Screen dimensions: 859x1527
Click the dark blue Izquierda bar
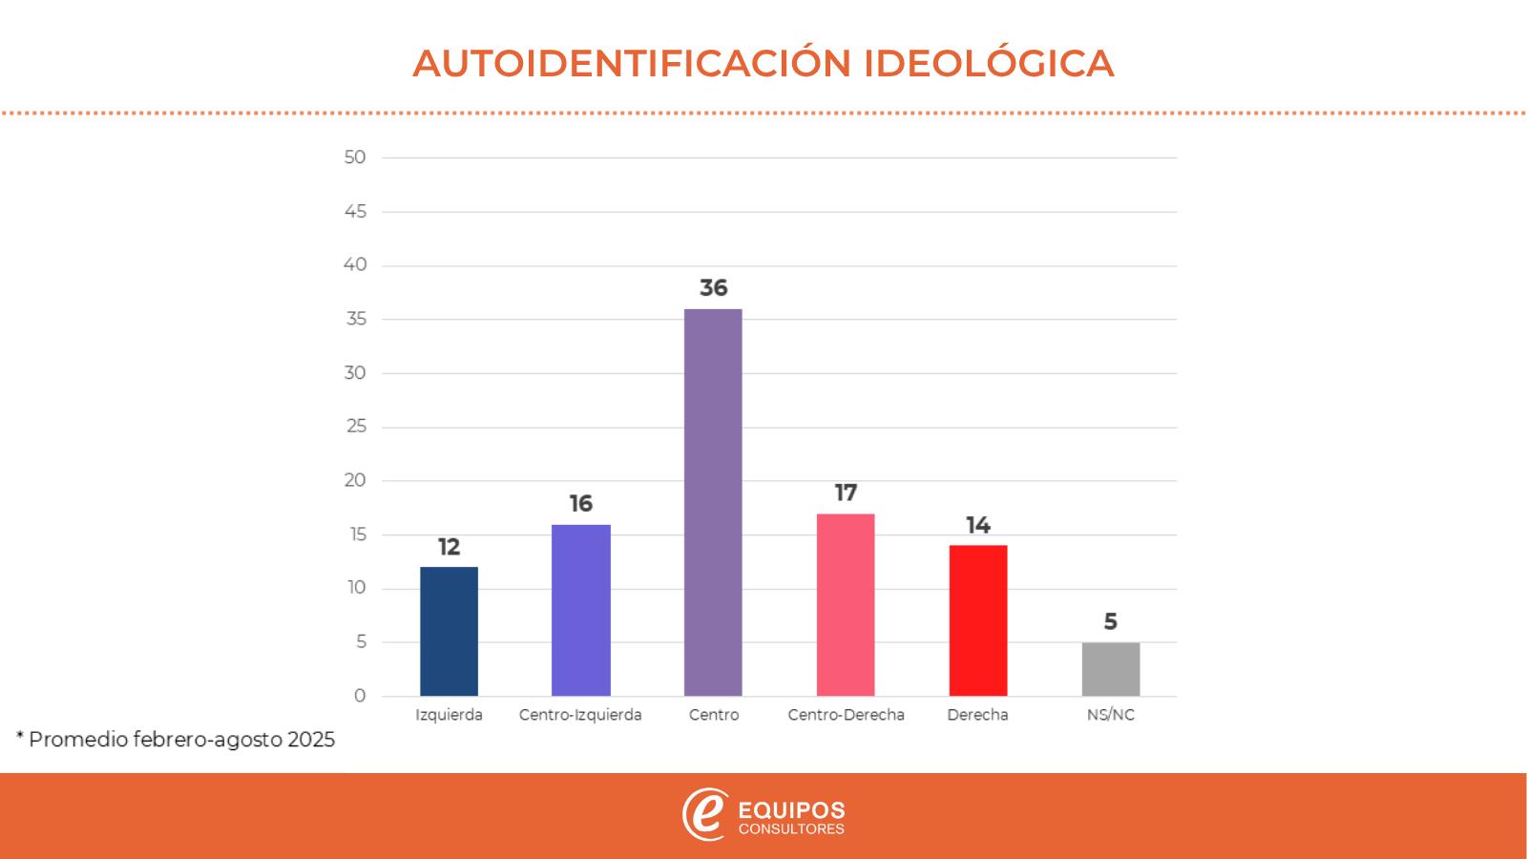point(449,631)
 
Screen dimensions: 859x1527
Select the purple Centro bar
point(713,502)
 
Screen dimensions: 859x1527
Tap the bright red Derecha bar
point(977,620)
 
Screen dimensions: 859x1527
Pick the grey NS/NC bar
point(1110,669)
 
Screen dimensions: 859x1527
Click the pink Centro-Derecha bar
point(846,605)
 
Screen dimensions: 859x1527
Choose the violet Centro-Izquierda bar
point(580,610)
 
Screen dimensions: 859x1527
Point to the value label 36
point(713,288)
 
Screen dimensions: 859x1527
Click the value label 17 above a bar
point(846,493)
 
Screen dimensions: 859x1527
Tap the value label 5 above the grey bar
point(1110,622)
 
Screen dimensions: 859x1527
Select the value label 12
point(449,547)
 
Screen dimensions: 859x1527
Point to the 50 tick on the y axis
point(355,157)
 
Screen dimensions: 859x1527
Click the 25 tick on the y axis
point(356,427)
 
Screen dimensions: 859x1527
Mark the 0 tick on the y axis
point(360,696)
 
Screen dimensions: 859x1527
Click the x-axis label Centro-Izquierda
point(580,715)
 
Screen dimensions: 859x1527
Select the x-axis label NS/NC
point(1110,715)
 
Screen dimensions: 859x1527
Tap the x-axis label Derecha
point(977,715)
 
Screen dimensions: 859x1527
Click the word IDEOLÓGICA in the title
point(989,63)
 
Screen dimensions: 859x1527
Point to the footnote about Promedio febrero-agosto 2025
point(176,740)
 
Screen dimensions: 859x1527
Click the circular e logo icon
point(704,815)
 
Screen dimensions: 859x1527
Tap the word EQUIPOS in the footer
point(792,810)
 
